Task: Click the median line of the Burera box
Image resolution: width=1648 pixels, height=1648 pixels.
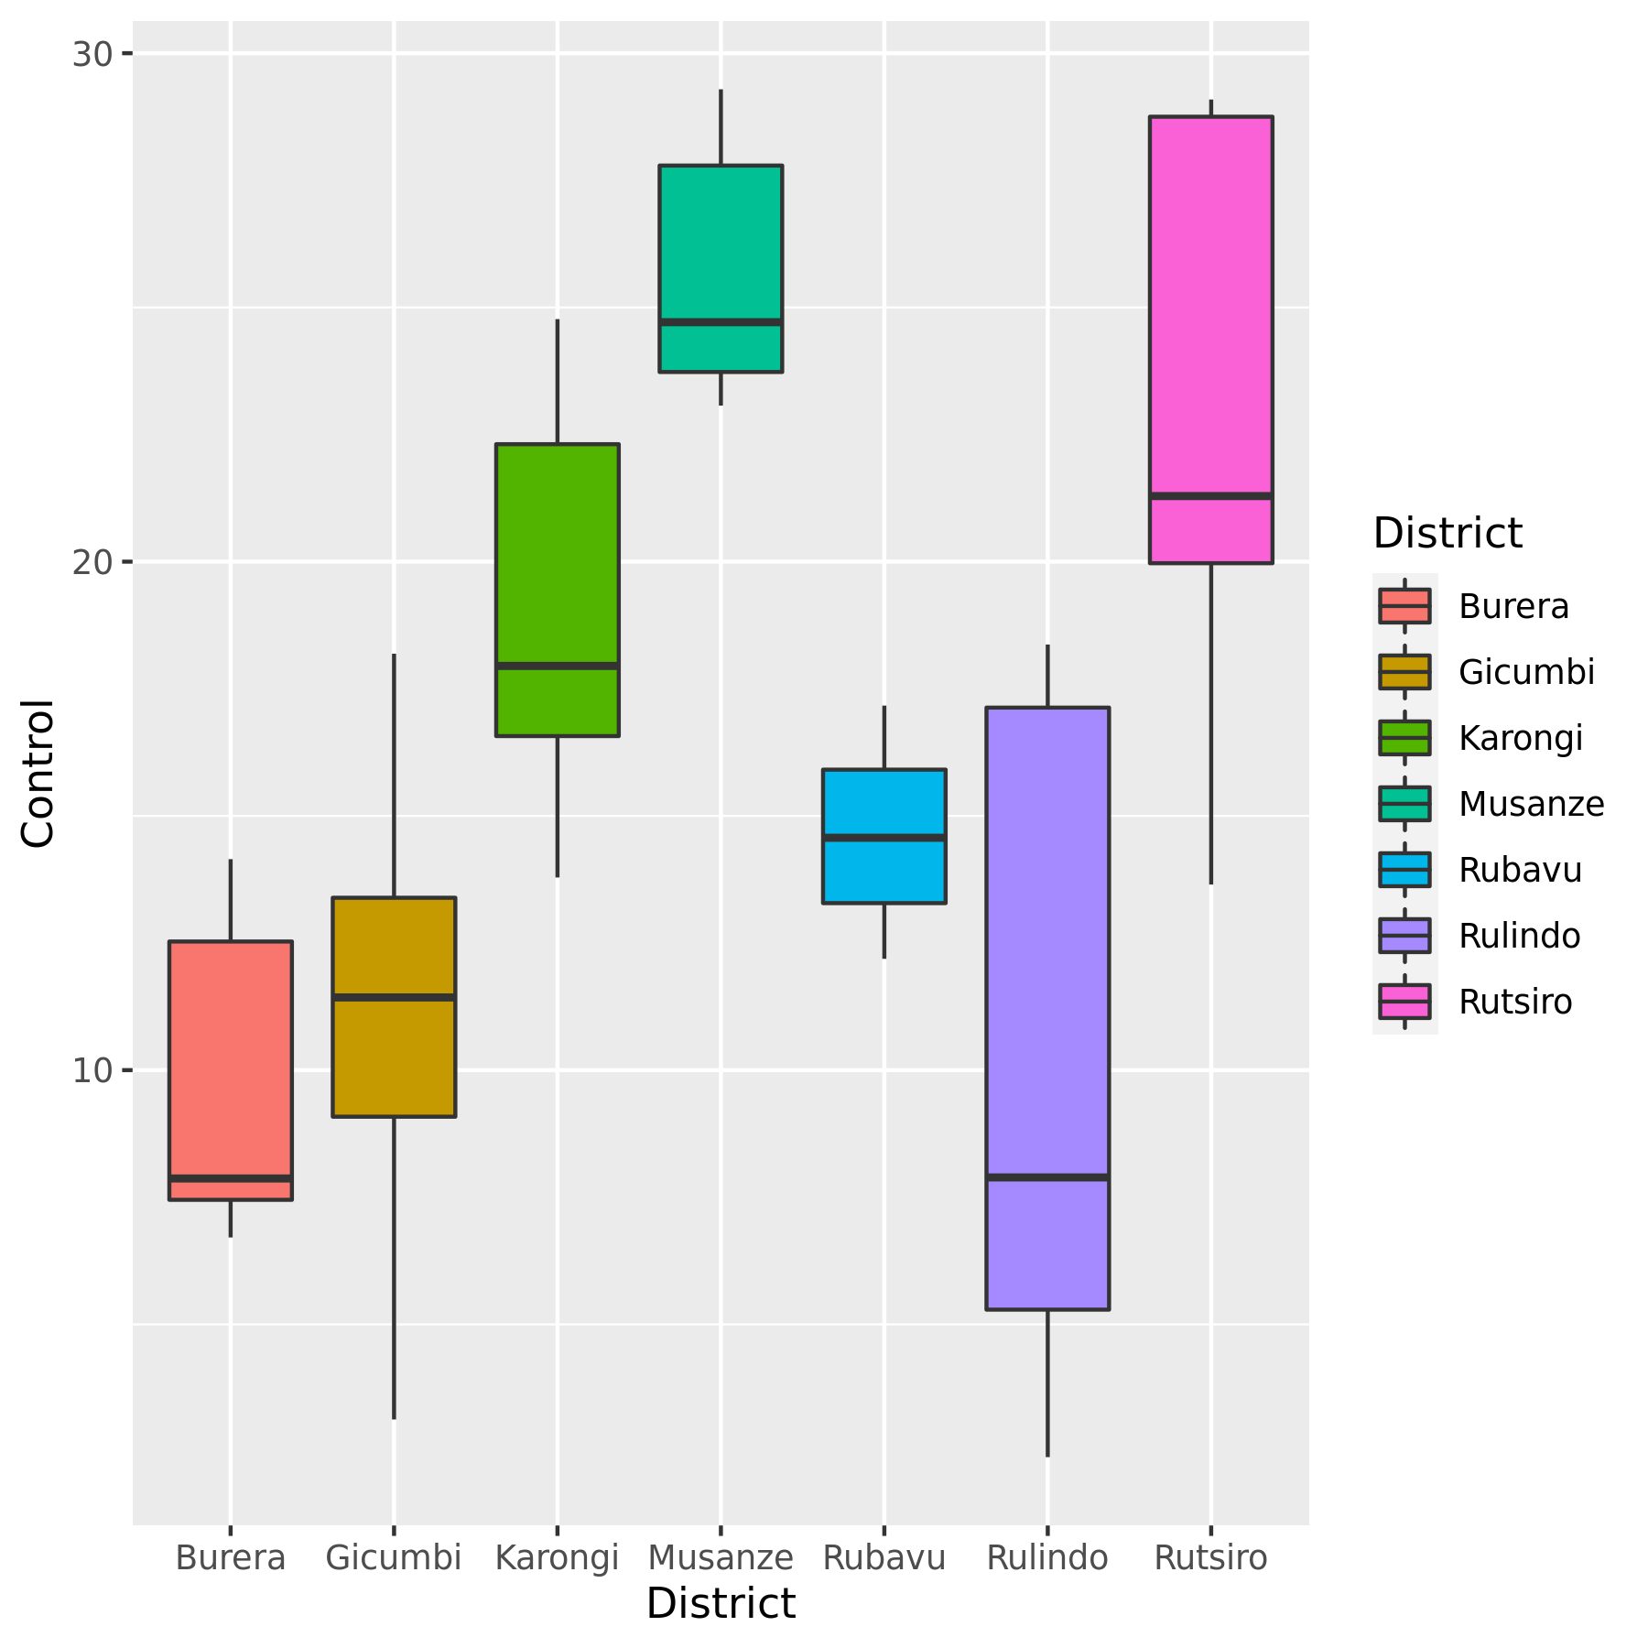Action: pyautogui.click(x=231, y=1177)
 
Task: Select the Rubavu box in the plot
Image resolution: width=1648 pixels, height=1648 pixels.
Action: pyautogui.click(x=884, y=836)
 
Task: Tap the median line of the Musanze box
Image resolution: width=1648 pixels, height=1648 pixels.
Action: pyautogui.click(x=721, y=322)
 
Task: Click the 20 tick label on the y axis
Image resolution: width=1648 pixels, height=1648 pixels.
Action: pyautogui.click(x=92, y=561)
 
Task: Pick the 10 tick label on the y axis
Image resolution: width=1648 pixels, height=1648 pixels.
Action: pyautogui.click(x=92, y=1069)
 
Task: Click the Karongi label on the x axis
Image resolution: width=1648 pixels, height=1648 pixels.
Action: pyautogui.click(x=558, y=1557)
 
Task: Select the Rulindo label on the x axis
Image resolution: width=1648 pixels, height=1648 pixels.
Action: pyautogui.click(x=1047, y=1557)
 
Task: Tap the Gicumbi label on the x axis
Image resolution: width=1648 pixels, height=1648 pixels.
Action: pyautogui.click(x=394, y=1557)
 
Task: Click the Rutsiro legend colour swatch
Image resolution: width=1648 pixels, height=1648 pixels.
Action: pyautogui.click(x=1404, y=1002)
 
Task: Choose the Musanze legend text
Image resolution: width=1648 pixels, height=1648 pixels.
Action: pyautogui.click(x=1531, y=804)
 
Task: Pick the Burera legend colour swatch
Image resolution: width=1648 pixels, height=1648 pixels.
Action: pyautogui.click(x=1404, y=606)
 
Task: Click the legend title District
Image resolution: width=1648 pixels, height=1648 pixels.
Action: pyautogui.click(x=1447, y=533)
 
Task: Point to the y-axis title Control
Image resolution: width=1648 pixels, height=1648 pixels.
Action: pyautogui.click(x=38, y=774)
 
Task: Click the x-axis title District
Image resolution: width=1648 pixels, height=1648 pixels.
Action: pyautogui.click(x=721, y=1604)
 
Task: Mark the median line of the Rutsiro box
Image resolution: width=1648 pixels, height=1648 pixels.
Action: pyautogui.click(x=1211, y=496)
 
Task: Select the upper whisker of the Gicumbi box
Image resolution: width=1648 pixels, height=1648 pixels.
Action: pyautogui.click(x=394, y=775)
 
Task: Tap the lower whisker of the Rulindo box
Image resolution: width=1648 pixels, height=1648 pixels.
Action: pyautogui.click(x=1047, y=1382)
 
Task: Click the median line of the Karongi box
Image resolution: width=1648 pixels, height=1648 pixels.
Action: pyautogui.click(x=558, y=666)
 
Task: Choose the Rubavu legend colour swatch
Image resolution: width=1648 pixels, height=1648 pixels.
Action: pyautogui.click(x=1404, y=870)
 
